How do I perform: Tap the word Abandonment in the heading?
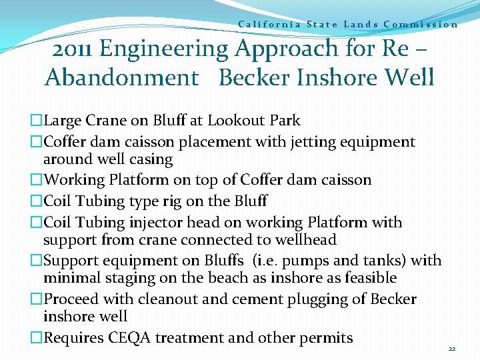[x=121, y=78]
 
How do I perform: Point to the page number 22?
[x=451, y=349]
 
